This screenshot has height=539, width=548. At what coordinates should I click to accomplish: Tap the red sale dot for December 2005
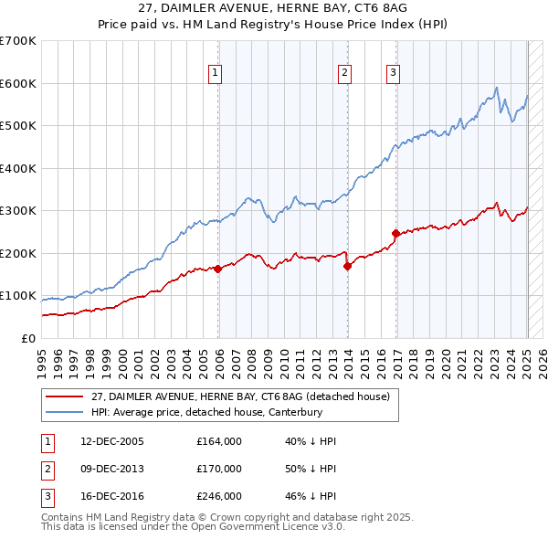[218, 269]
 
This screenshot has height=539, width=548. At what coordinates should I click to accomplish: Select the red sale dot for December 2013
[348, 266]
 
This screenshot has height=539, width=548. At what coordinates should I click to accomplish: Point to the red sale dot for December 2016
[396, 234]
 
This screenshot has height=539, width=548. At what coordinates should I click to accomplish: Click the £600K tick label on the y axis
[18, 83]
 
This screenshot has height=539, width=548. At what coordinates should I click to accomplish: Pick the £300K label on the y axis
[18, 211]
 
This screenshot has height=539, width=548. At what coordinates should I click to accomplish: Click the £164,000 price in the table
[218, 441]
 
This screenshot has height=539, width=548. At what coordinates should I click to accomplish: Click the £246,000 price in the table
[218, 496]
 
